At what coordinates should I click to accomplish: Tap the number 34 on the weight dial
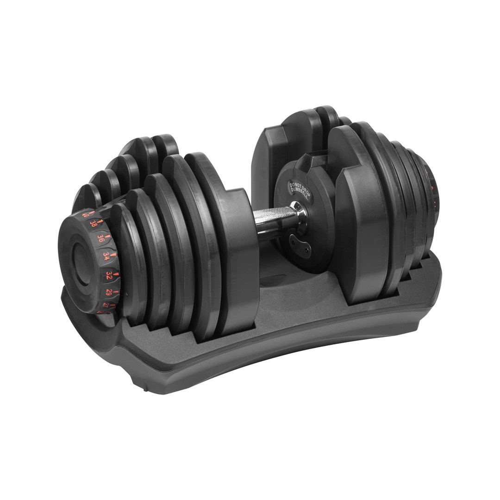106,256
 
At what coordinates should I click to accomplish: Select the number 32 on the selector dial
109,275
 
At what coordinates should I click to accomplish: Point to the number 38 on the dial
93,224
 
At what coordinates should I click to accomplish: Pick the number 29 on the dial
108,293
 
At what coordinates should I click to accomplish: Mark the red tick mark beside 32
116,274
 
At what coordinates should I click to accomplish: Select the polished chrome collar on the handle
299,217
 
